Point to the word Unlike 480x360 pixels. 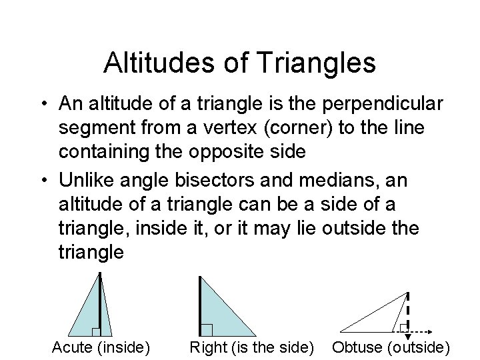click(x=86, y=180)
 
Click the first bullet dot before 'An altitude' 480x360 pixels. click(x=42, y=105)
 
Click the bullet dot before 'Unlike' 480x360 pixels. click(x=42, y=181)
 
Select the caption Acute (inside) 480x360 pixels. click(x=101, y=347)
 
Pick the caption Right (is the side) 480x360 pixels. click(x=253, y=347)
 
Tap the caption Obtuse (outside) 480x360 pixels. click(x=391, y=347)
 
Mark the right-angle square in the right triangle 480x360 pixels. click(x=207, y=329)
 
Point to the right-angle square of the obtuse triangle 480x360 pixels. click(x=404, y=326)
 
